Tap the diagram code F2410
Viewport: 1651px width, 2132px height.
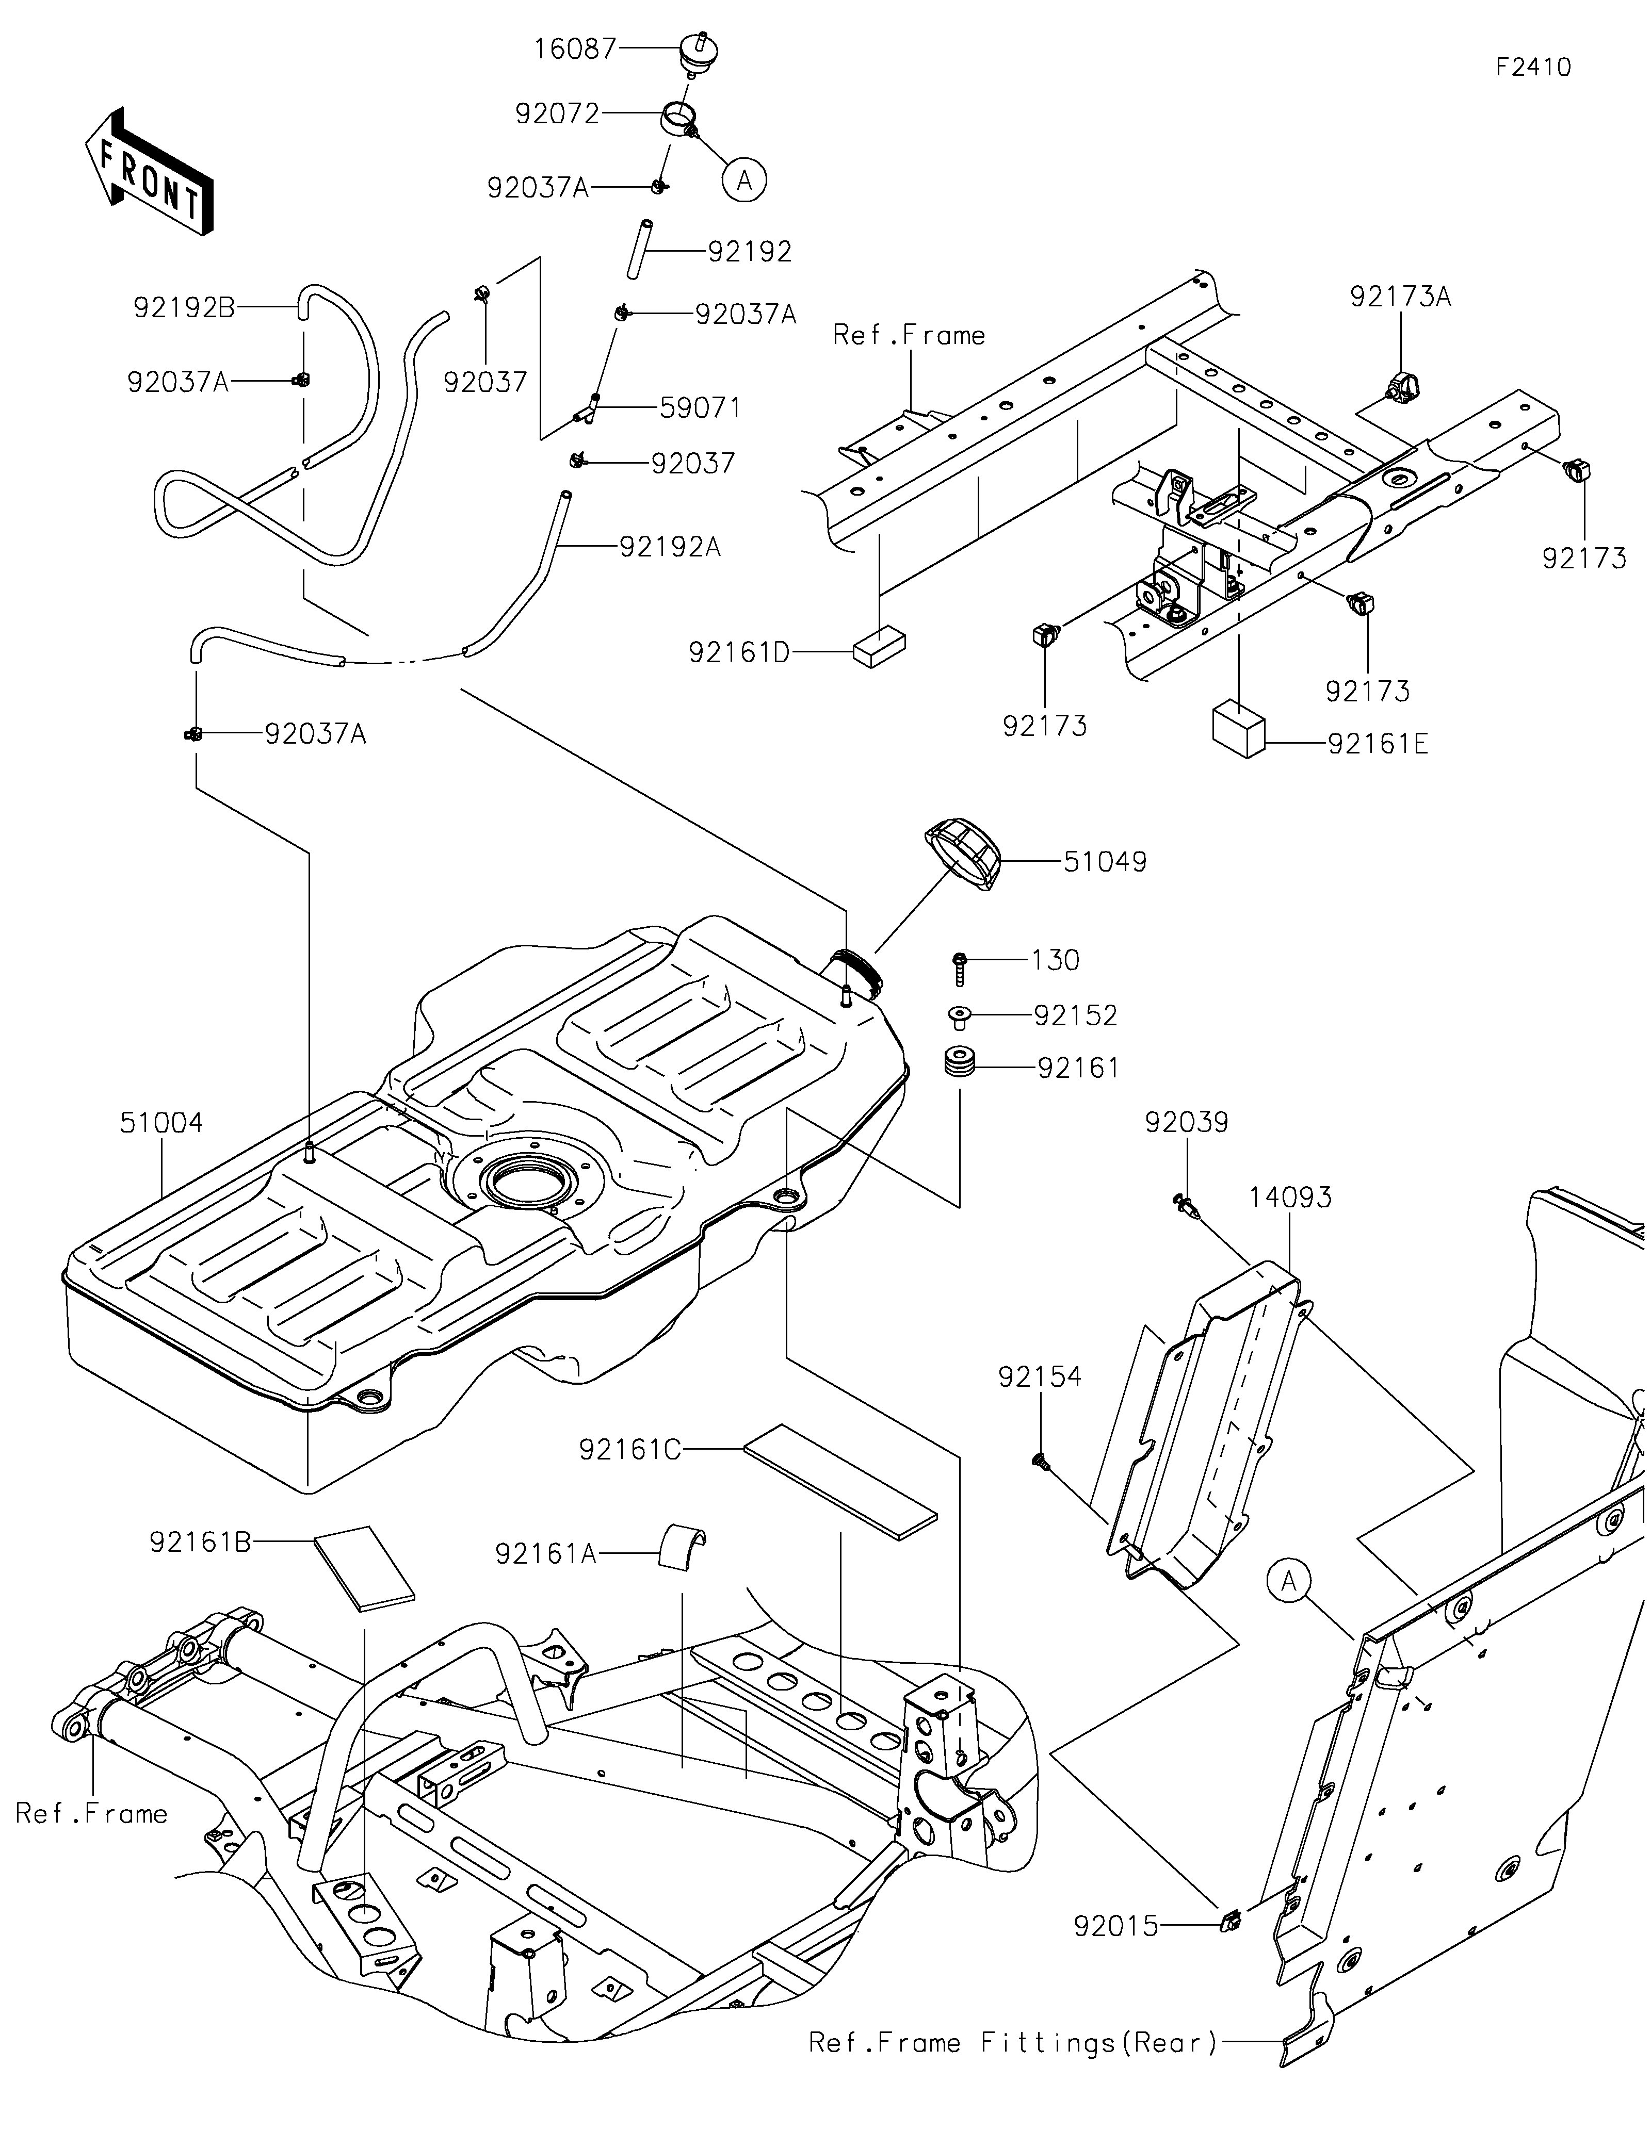pyautogui.click(x=1533, y=68)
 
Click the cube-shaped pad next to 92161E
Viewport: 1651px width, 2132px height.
pyautogui.click(x=1239, y=728)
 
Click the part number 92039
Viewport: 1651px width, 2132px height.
pyautogui.click(x=1186, y=1123)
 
